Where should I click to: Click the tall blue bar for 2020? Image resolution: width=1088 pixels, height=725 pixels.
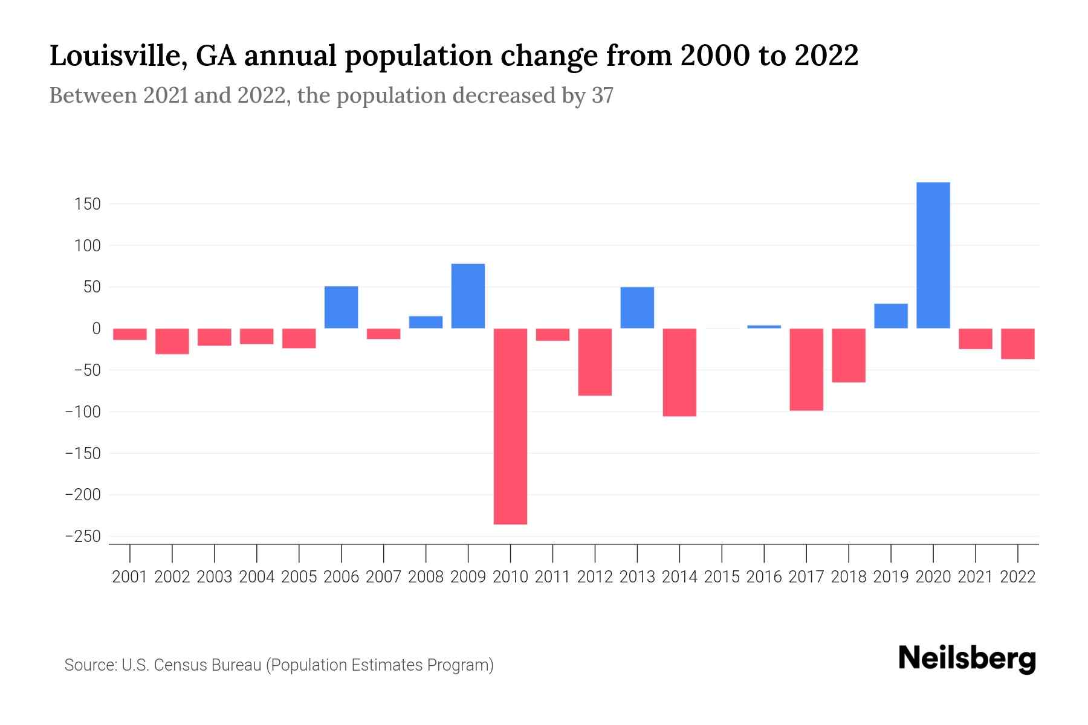click(x=933, y=255)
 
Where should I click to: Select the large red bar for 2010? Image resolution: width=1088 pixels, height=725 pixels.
click(x=510, y=426)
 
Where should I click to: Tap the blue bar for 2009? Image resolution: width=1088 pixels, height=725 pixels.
click(x=468, y=296)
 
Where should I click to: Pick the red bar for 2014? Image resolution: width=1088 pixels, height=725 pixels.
click(x=679, y=372)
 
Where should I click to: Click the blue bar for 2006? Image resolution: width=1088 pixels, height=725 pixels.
click(x=341, y=307)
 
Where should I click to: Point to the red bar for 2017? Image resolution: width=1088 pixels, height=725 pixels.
click(x=806, y=369)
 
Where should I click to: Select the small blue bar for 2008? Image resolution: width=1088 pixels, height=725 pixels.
click(x=426, y=322)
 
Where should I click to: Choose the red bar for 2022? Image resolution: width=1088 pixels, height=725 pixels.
click(x=1018, y=344)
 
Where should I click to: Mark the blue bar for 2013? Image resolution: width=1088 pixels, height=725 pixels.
click(x=637, y=308)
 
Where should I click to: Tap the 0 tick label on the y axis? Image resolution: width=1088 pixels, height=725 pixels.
click(x=96, y=329)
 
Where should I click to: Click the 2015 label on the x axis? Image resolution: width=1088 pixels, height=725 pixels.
click(x=722, y=577)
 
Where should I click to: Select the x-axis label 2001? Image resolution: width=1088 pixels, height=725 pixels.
click(x=130, y=577)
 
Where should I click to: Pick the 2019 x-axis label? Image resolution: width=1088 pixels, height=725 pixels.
click(x=891, y=577)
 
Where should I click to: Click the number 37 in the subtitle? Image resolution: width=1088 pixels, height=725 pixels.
click(x=602, y=95)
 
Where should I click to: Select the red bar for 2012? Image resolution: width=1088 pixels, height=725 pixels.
click(x=595, y=362)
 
